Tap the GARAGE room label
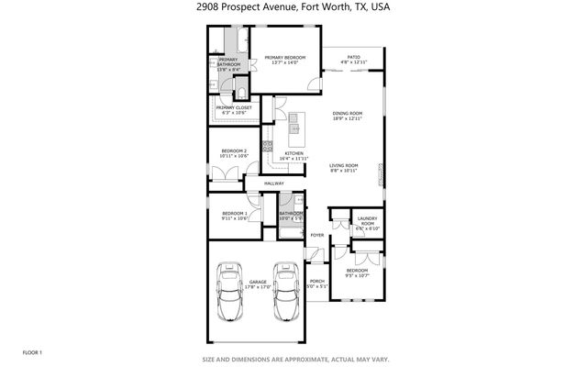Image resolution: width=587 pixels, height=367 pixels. (259, 284)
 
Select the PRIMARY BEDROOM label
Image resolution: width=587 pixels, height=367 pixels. (285, 58)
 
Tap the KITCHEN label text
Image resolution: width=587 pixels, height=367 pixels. (294, 153)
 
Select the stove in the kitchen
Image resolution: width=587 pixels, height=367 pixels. (268, 145)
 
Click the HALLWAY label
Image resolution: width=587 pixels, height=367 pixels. (274, 183)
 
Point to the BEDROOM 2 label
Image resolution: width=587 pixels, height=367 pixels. (234, 150)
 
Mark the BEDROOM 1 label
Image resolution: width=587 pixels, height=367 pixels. (234, 214)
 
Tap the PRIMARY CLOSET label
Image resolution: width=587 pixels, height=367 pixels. (234, 107)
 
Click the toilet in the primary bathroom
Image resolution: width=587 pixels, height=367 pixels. (214, 83)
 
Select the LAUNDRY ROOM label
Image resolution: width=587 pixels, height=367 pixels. (367, 220)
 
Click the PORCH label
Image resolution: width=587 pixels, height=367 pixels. (317, 281)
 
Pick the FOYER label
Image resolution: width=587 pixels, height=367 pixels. (317, 236)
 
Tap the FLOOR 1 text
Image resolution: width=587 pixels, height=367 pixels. (33, 351)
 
